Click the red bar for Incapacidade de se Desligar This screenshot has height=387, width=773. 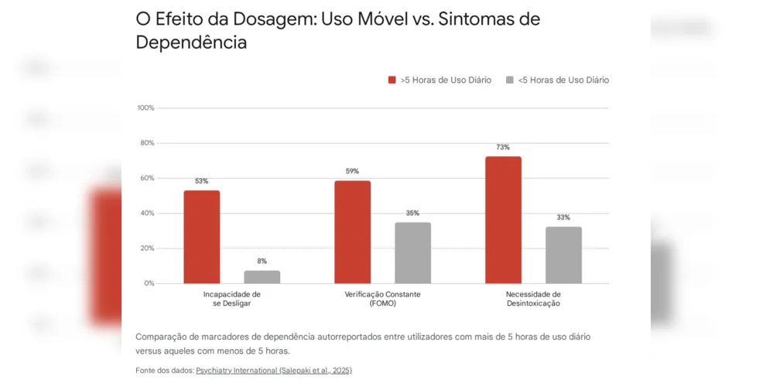click(202, 237)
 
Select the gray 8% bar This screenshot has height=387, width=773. click(262, 277)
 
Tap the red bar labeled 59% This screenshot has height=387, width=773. click(353, 232)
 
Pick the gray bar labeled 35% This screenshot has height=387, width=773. click(412, 253)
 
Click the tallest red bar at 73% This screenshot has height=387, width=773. click(503, 220)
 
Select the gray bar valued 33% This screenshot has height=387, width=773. click(563, 255)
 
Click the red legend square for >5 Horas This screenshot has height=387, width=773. click(392, 80)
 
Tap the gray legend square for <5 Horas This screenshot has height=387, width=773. click(509, 80)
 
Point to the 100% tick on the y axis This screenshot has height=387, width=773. click(145, 108)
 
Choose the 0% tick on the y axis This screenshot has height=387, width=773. click(148, 283)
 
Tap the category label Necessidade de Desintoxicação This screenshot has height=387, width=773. click(533, 299)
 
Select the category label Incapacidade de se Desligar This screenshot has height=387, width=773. click(231, 299)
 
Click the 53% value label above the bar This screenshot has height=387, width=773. click(202, 181)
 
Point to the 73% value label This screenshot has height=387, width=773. click(503, 147)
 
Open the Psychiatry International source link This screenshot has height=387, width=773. click(273, 371)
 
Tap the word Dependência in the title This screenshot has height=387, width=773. click(191, 43)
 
